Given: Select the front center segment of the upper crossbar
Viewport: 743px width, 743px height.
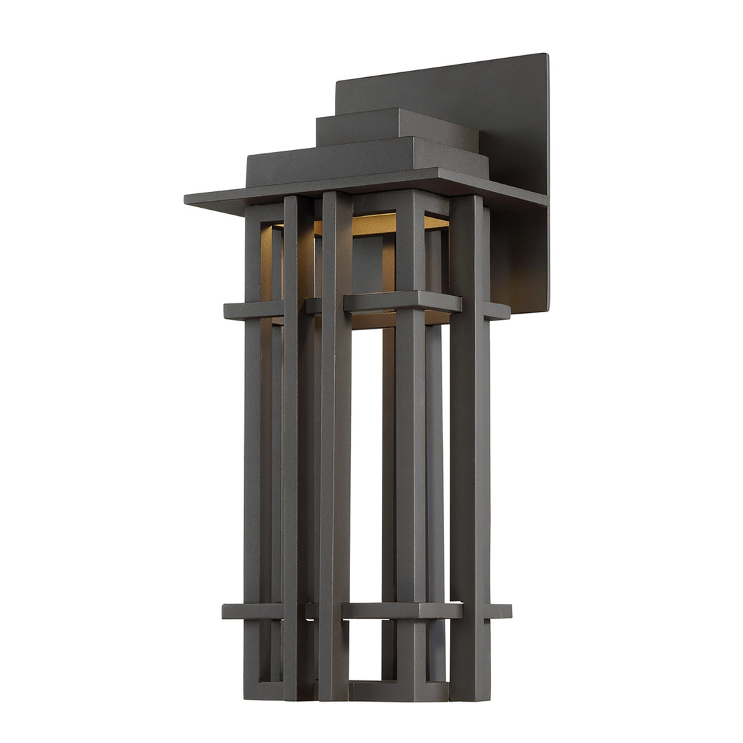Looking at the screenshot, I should point(402,302).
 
